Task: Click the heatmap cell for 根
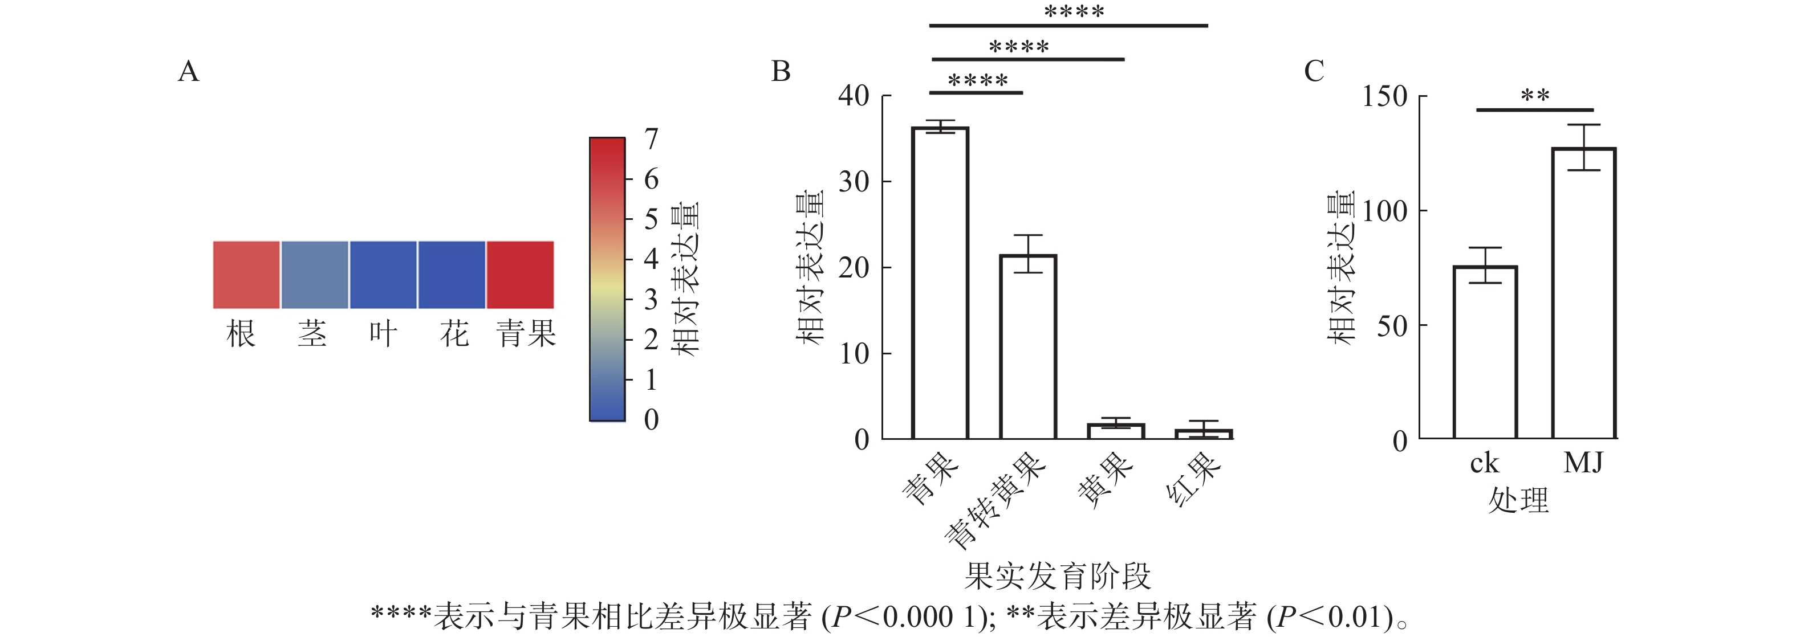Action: [x=246, y=275]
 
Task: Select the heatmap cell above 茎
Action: [x=314, y=275]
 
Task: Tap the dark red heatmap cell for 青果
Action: [x=520, y=275]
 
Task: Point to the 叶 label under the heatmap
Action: [x=383, y=334]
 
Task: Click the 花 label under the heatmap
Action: [x=454, y=334]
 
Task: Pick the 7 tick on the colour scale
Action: [x=651, y=138]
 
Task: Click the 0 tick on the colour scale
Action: [x=651, y=419]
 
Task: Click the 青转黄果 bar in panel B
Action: [x=1027, y=346]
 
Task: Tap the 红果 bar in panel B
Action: [x=1204, y=434]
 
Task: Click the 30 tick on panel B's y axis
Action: [x=854, y=182]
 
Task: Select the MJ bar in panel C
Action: [x=1583, y=293]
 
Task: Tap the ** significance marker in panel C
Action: [x=1534, y=95]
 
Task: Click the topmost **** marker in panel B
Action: [x=1074, y=12]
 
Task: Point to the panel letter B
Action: [x=781, y=71]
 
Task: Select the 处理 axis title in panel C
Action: [x=1518, y=500]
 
